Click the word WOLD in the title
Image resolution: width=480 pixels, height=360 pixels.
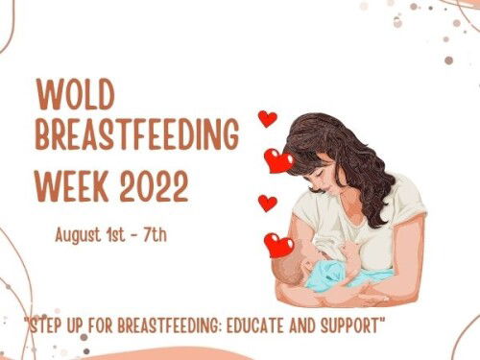78,95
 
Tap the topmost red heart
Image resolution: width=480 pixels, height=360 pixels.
268,119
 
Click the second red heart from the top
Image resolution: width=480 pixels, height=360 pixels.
278,160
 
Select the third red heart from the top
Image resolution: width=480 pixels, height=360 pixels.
268,203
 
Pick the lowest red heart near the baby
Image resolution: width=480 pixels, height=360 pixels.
278,246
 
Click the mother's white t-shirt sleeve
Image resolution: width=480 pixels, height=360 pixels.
408,202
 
